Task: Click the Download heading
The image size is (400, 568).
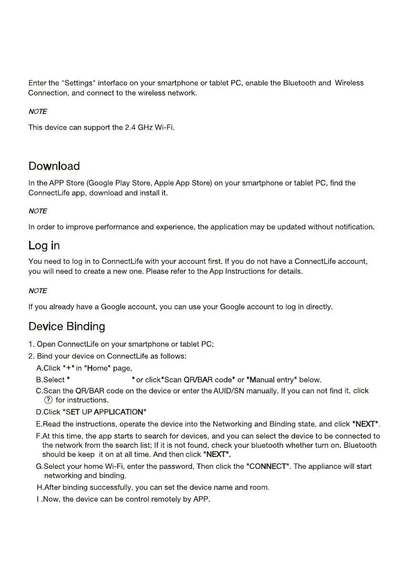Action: (x=54, y=166)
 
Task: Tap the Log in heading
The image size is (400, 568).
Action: (x=44, y=245)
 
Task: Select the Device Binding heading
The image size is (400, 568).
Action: (x=66, y=326)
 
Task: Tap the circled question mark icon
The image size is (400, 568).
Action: (x=48, y=400)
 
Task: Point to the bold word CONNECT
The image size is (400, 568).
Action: (x=268, y=466)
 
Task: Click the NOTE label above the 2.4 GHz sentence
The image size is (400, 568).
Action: (x=38, y=112)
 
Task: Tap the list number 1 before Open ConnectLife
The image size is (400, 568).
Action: (x=31, y=344)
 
